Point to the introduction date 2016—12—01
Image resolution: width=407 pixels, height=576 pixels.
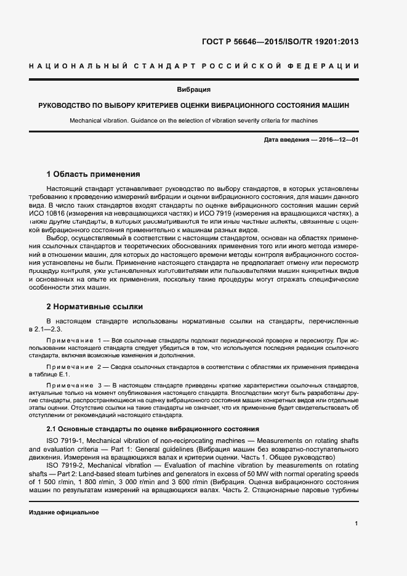pyautogui.click(x=338, y=140)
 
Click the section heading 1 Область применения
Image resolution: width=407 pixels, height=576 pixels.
pyautogui.click(x=94, y=174)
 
